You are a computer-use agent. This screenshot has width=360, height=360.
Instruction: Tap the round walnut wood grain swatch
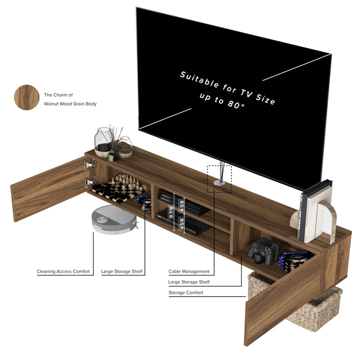point(26,97)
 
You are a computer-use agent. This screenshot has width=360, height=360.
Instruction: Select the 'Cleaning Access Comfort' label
point(63,271)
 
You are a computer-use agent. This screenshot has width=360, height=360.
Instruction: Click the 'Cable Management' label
point(189,271)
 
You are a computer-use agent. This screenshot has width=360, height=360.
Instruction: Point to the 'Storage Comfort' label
point(185,292)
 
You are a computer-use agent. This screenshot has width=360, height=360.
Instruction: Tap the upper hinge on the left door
point(90,164)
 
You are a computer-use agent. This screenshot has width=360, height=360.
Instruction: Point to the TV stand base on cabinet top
point(219,183)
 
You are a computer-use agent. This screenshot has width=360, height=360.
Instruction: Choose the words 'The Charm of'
point(58,94)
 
